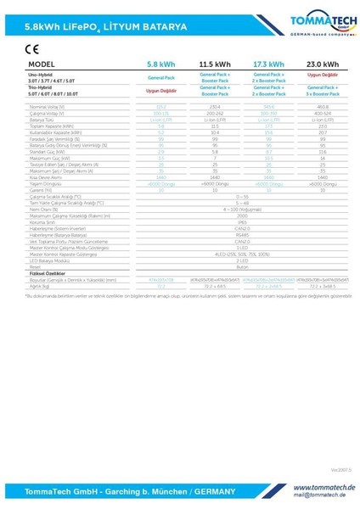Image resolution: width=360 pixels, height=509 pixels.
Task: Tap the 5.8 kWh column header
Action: (x=161, y=64)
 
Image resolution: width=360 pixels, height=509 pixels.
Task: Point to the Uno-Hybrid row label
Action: (x=41, y=74)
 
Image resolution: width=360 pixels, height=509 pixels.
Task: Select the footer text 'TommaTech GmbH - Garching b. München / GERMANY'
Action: (x=115, y=491)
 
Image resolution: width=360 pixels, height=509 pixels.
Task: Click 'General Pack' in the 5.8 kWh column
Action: (x=161, y=76)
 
